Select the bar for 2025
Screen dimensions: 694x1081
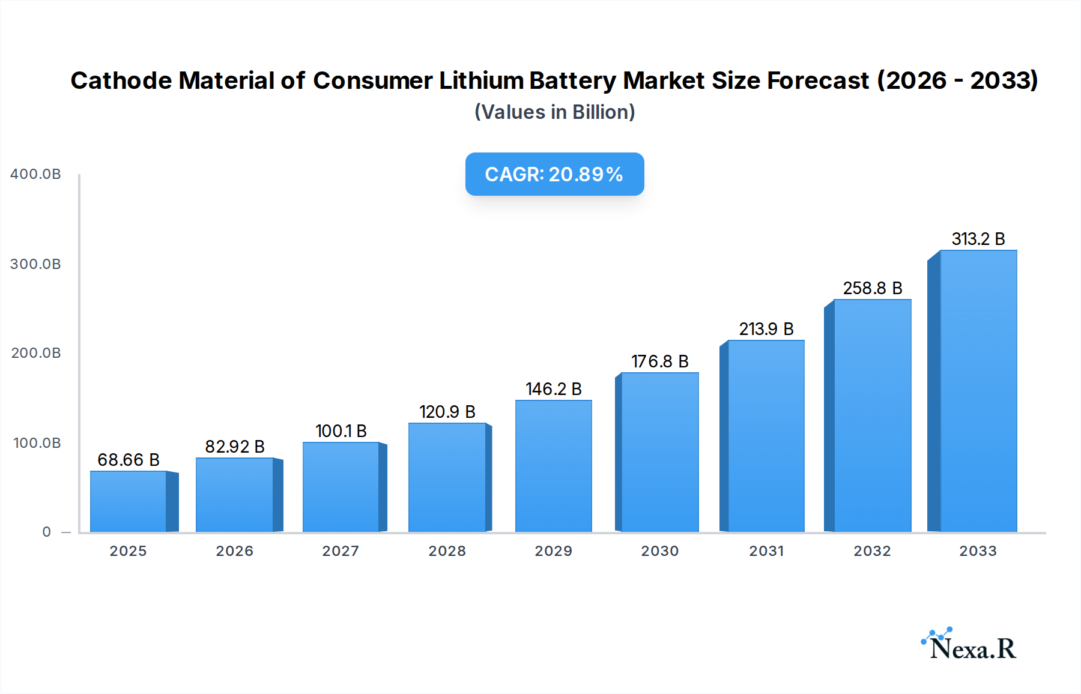click(x=129, y=501)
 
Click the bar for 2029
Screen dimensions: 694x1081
click(x=553, y=466)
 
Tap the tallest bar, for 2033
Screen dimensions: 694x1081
click(x=978, y=391)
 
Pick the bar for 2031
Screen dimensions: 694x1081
click(x=766, y=436)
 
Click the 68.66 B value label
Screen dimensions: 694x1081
click(x=129, y=460)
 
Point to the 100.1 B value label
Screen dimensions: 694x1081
click(x=341, y=431)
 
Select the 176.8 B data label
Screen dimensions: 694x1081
click(x=659, y=361)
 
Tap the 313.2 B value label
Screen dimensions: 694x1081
click(x=978, y=239)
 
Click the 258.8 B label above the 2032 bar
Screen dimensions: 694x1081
click(x=872, y=288)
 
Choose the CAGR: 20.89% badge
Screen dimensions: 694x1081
click(x=554, y=174)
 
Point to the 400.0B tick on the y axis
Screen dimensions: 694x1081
click(x=35, y=174)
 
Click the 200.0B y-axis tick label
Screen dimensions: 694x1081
click(x=35, y=353)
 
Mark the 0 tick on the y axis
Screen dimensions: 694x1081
click(x=46, y=532)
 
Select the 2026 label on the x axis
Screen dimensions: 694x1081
click(x=235, y=551)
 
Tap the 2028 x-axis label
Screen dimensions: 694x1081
click(x=447, y=551)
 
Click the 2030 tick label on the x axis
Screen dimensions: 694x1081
click(x=659, y=551)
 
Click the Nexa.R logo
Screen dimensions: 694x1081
click(x=969, y=645)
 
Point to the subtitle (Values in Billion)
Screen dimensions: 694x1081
click(x=554, y=112)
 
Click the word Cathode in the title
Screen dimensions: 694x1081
click(x=121, y=80)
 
